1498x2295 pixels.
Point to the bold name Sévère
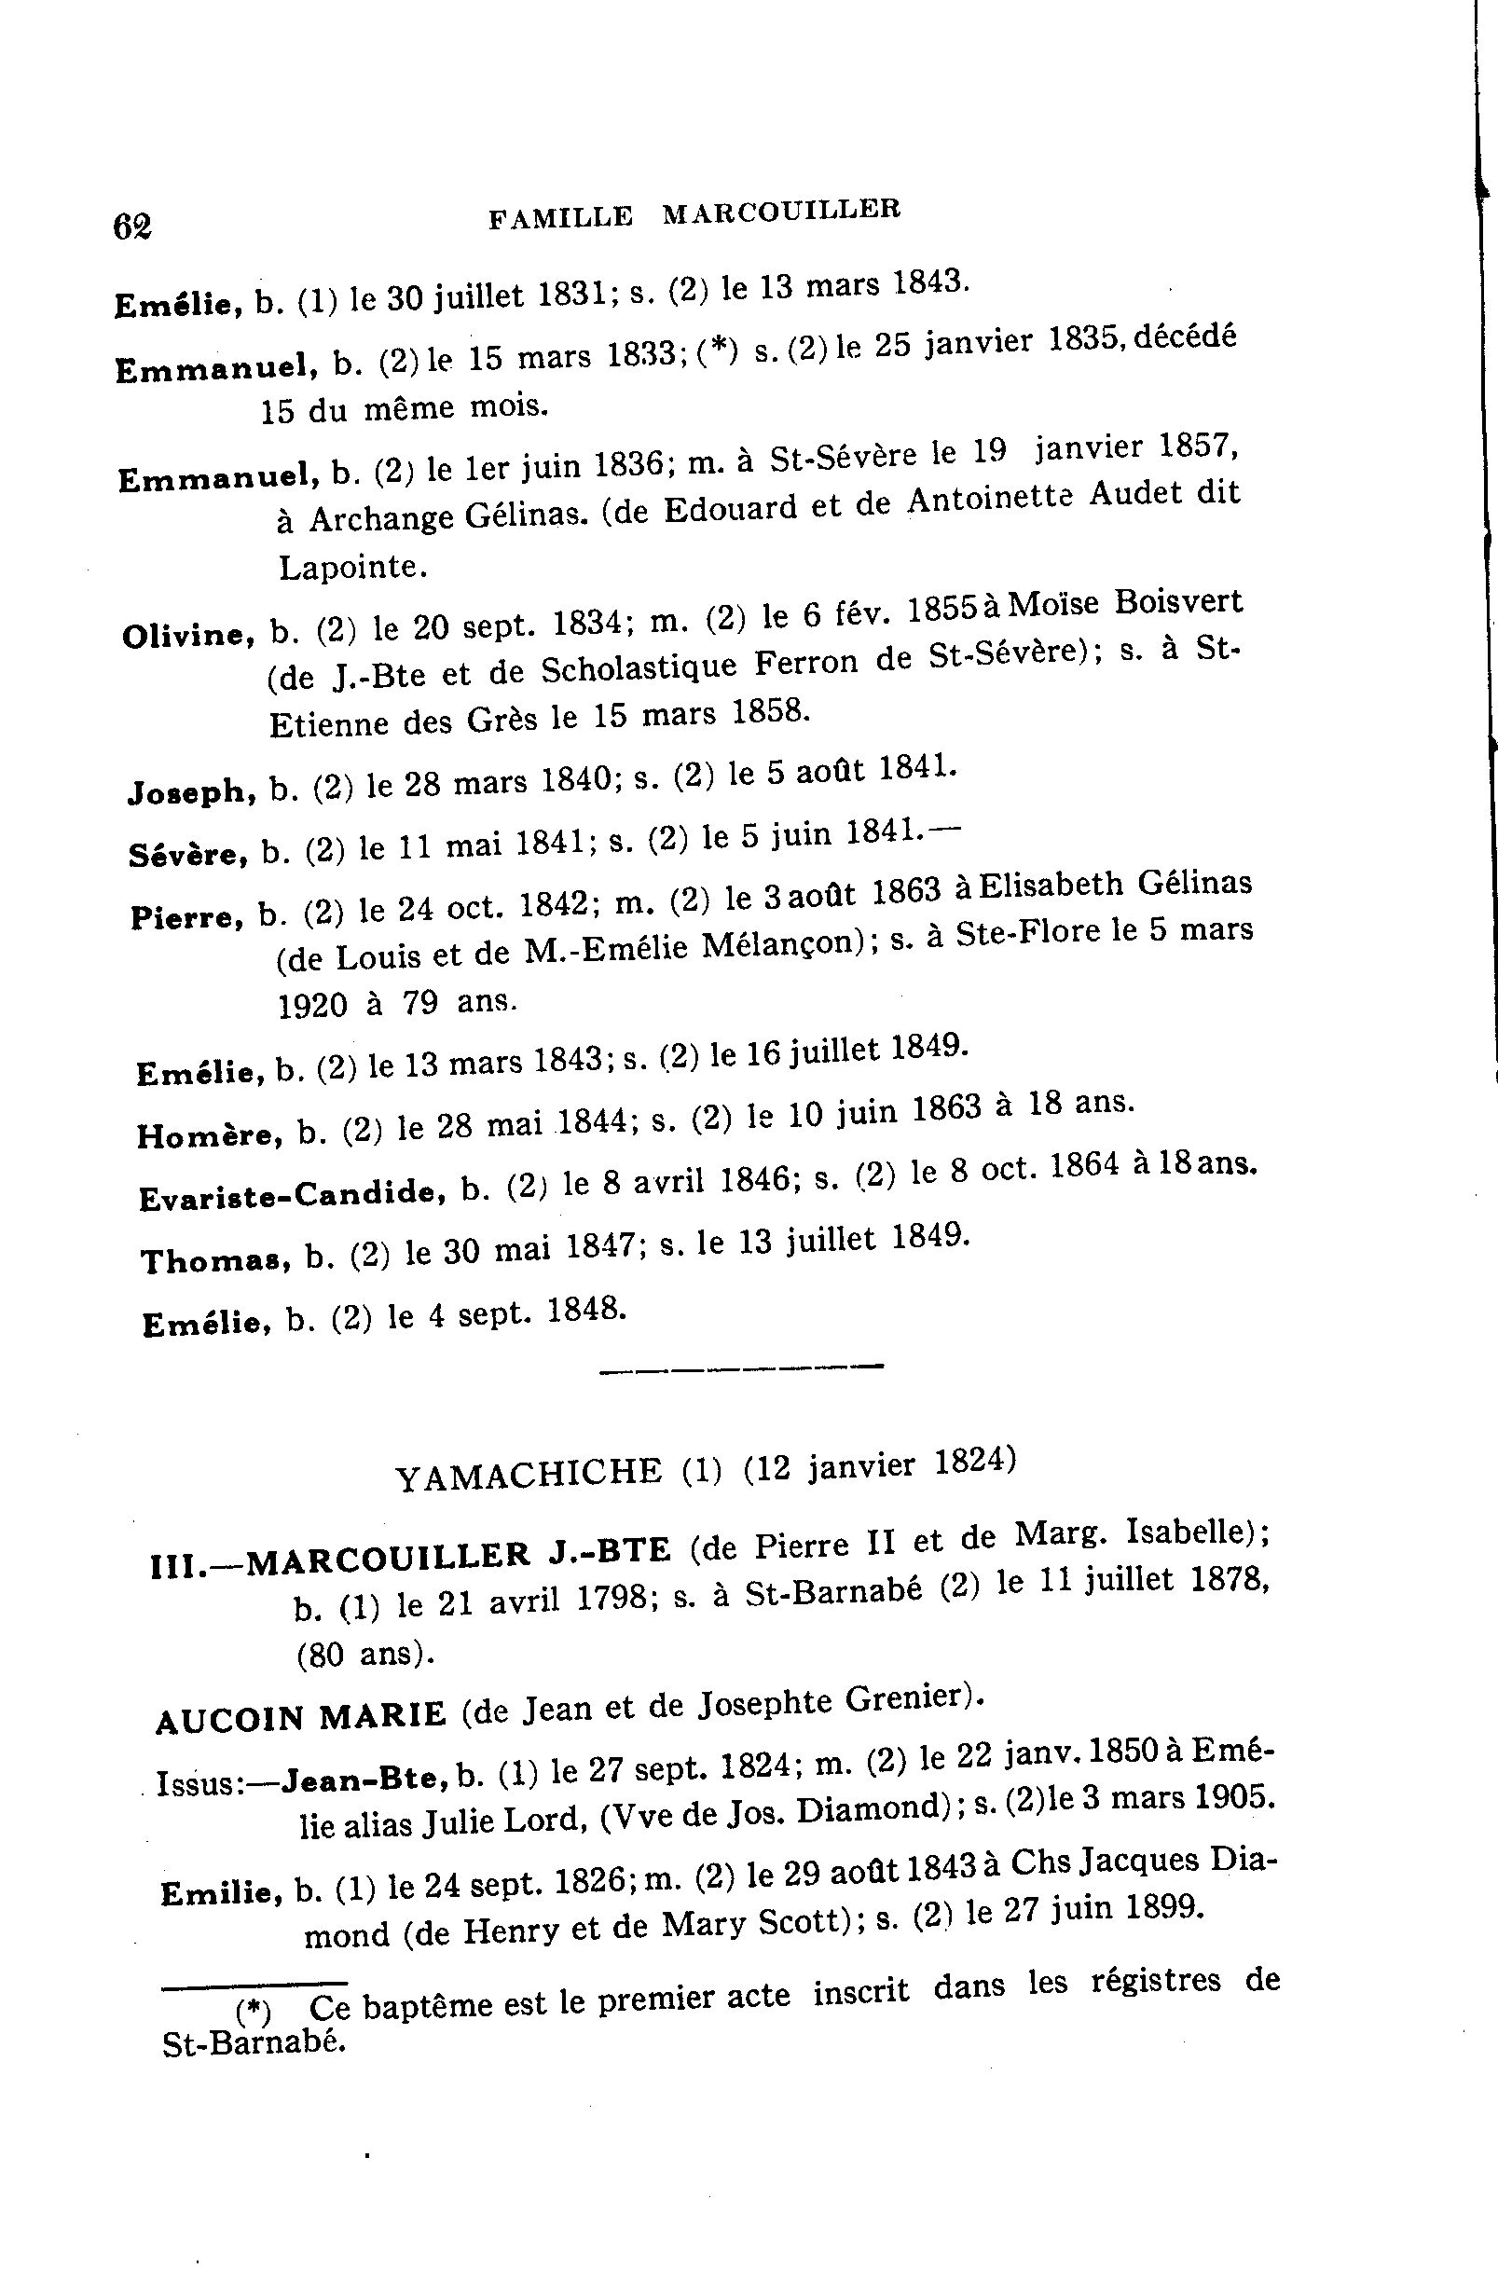pyautogui.click(x=187, y=855)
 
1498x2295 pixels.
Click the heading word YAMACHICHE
pyautogui.click(x=529, y=1475)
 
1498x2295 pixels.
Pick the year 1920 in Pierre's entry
pyautogui.click(x=311, y=1006)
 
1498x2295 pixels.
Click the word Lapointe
pyautogui.click(x=352, y=567)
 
